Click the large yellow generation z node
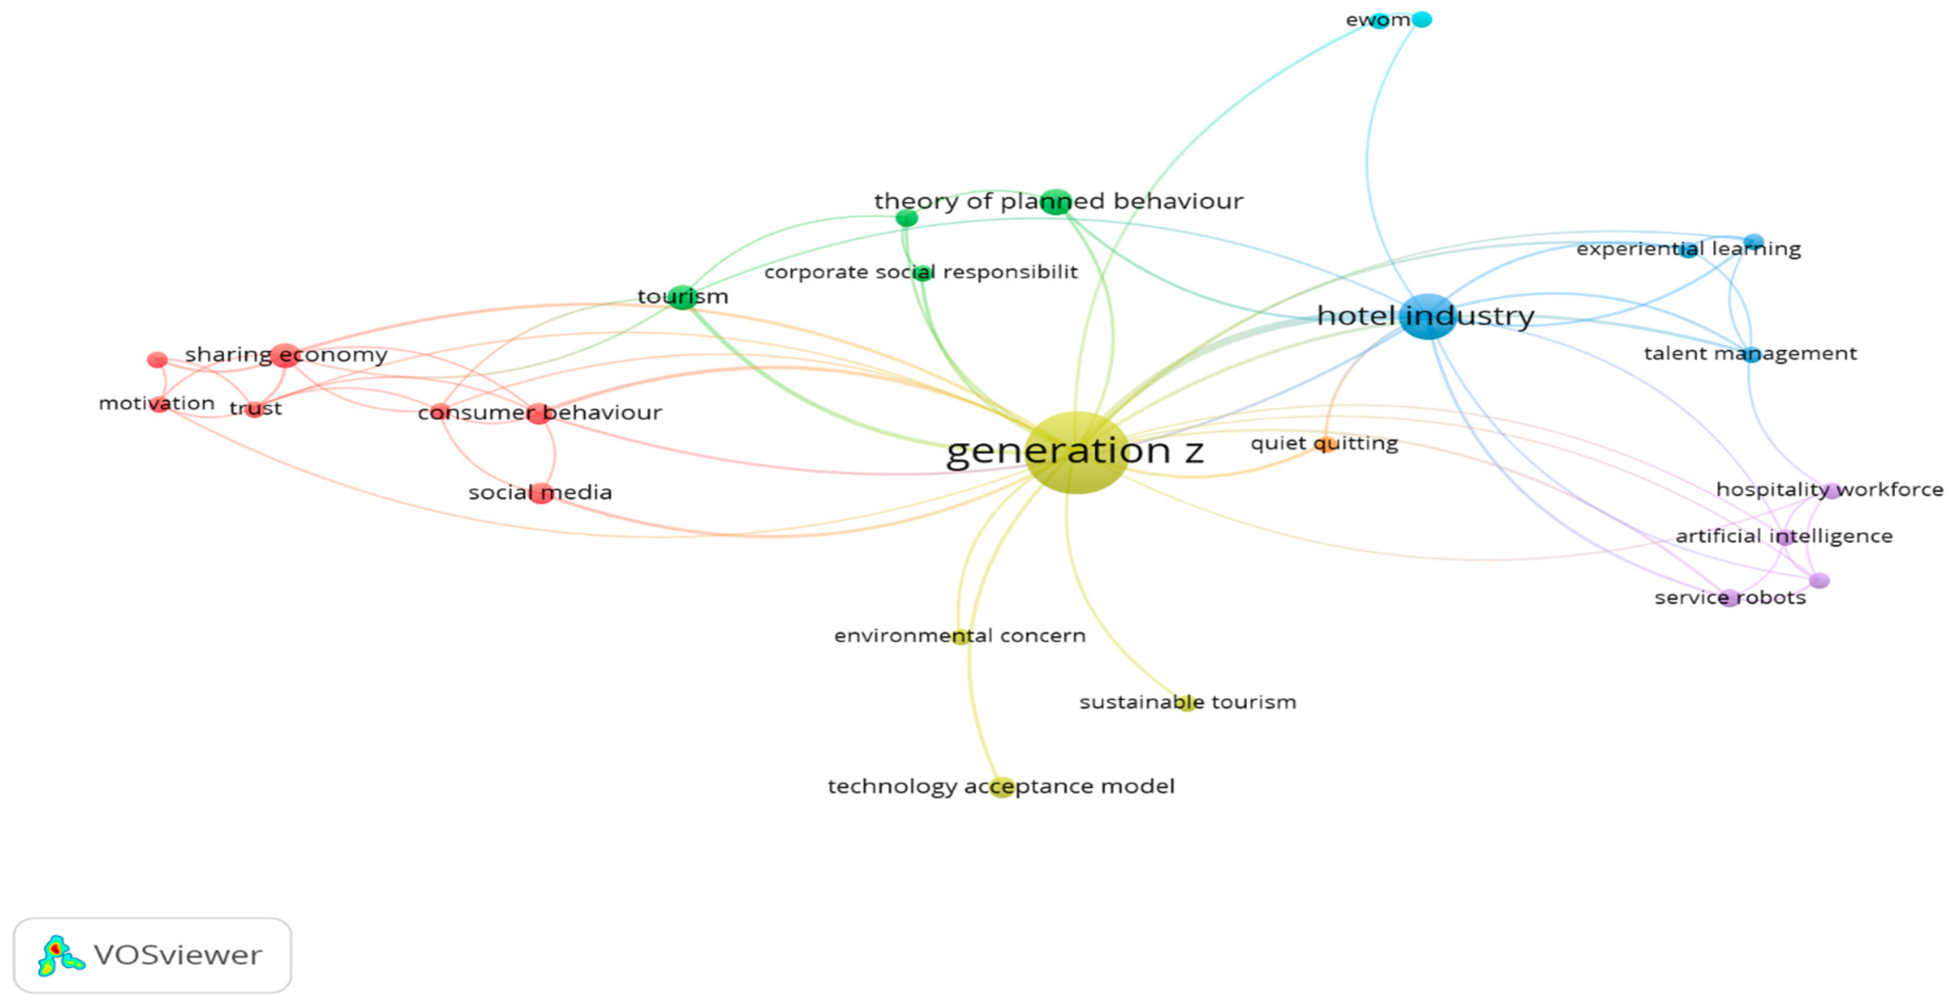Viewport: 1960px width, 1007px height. [1076, 453]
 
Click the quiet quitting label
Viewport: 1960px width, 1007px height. [1324, 443]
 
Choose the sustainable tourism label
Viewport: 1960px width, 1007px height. [1187, 702]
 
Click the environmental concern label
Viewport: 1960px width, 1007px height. [959, 636]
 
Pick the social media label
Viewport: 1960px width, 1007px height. [540, 492]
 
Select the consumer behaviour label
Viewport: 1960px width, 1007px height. [540, 413]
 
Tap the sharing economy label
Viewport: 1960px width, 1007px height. [286, 355]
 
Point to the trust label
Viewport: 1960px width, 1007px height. [256, 409]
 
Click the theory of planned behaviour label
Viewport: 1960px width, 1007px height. [1058, 201]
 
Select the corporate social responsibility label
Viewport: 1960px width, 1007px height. [921, 272]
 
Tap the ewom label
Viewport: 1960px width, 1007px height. [1377, 20]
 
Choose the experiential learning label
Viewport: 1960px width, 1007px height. [1688, 249]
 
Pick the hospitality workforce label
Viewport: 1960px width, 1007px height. [1829, 489]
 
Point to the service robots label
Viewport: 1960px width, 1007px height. [1730, 598]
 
